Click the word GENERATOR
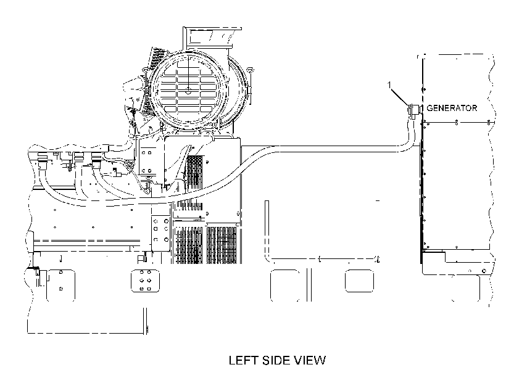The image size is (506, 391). pyautogui.click(x=452, y=108)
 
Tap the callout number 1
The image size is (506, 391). pyautogui.click(x=389, y=84)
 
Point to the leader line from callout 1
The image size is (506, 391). pyautogui.click(x=400, y=97)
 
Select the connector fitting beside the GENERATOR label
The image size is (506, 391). pyautogui.click(x=414, y=110)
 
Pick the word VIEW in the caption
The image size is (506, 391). pyautogui.click(x=312, y=360)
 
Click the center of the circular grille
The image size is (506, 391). pyautogui.click(x=188, y=89)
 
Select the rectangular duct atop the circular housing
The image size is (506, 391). pyautogui.click(x=212, y=38)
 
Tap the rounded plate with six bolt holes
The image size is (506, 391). pyautogui.click(x=145, y=281)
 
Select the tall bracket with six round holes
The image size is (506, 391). pyautogui.click(x=160, y=231)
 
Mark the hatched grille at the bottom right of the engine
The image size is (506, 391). pyautogui.click(x=222, y=245)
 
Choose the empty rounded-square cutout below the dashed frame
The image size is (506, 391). pyautogui.click(x=359, y=281)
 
